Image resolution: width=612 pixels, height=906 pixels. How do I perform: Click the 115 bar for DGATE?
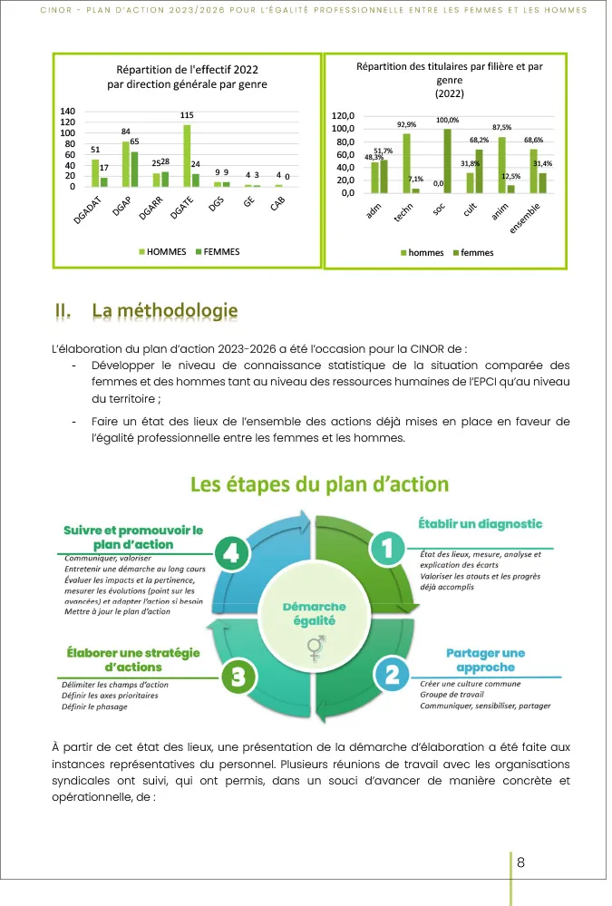click(x=187, y=155)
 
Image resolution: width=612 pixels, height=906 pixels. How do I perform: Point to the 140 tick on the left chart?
click(x=67, y=112)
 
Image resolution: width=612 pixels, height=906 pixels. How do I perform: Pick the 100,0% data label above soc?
click(x=447, y=121)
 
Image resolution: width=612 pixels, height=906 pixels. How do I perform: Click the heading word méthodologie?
click(x=165, y=311)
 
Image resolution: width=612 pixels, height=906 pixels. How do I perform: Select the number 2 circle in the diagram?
click(x=392, y=673)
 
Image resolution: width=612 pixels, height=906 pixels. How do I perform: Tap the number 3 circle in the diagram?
click(x=237, y=676)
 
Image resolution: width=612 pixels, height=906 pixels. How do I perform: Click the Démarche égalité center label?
click(x=314, y=613)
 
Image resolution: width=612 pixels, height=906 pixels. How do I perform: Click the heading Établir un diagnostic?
click(x=480, y=524)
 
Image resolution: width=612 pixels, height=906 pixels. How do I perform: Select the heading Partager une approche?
click(x=485, y=660)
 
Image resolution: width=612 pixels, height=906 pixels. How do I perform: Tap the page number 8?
click(x=520, y=862)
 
